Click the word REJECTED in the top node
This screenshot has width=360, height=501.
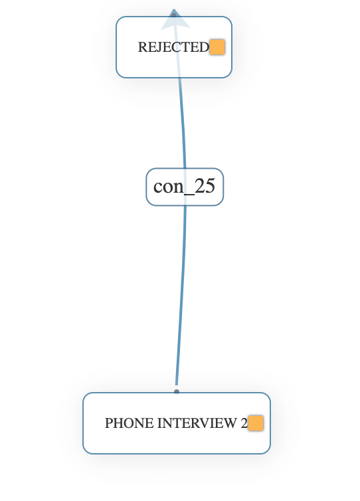pyautogui.click(x=173, y=47)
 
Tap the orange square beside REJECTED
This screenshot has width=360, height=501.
pyautogui.click(x=217, y=47)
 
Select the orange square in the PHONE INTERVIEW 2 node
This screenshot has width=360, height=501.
pyautogui.click(x=256, y=423)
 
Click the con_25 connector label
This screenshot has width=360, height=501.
pyautogui.click(x=185, y=187)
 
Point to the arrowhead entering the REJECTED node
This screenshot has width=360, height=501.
pyautogui.click(x=174, y=19)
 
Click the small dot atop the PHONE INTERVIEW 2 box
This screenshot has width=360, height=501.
pyautogui.click(x=177, y=392)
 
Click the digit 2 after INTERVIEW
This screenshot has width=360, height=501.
pyautogui.click(x=244, y=423)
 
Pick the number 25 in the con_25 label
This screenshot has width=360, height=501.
pyautogui.click(x=205, y=186)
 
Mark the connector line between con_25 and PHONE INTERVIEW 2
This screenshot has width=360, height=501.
pyautogui.click(x=181, y=299)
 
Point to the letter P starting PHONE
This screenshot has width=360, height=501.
pyautogui.click(x=109, y=423)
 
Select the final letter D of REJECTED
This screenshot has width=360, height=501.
pyautogui.click(x=204, y=47)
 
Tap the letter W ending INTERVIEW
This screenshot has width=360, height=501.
pyautogui.click(x=232, y=423)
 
